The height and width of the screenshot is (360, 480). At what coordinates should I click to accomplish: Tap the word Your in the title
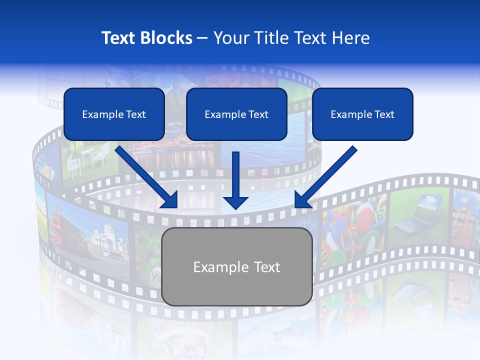(x=231, y=38)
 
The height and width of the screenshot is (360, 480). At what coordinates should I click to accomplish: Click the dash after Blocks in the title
(x=202, y=38)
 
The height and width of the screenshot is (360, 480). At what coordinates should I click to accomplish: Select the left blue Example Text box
(x=114, y=114)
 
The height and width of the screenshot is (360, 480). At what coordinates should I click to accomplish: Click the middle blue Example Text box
(x=236, y=114)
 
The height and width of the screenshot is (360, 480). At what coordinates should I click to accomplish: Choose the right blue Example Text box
(x=362, y=114)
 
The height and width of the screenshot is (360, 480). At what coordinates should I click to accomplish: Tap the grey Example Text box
(x=237, y=266)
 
